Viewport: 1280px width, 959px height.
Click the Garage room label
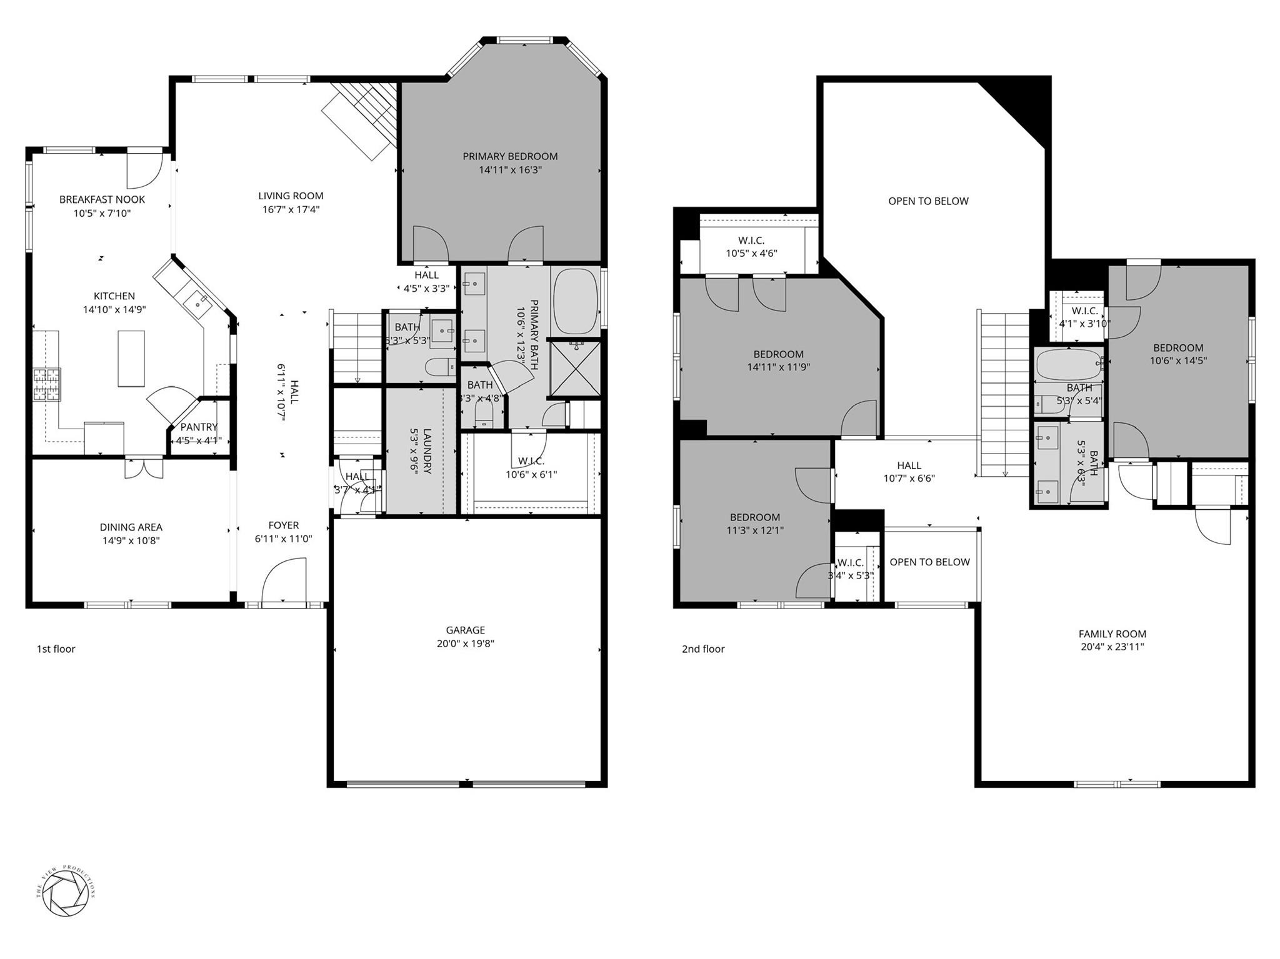pos(465,630)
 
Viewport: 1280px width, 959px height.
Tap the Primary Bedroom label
pos(510,156)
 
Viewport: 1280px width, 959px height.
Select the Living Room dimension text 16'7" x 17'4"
pos(291,210)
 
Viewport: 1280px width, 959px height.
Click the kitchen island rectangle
pos(131,359)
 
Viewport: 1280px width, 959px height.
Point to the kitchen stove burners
pos(47,384)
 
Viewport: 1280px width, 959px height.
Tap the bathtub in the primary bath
pos(576,302)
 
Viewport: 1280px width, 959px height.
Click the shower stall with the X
pos(574,369)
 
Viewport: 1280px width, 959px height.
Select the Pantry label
pos(199,427)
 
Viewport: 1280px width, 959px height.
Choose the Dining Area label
pos(131,527)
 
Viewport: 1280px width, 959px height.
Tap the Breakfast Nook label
pos(102,199)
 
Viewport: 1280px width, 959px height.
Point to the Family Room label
pos(1112,634)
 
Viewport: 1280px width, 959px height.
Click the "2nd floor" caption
pos(703,649)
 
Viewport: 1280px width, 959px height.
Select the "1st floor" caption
pos(56,649)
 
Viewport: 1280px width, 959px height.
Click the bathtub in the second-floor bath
pos(1068,365)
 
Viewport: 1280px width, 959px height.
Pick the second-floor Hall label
pos(909,465)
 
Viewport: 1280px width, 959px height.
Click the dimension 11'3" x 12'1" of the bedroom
pos(755,530)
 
